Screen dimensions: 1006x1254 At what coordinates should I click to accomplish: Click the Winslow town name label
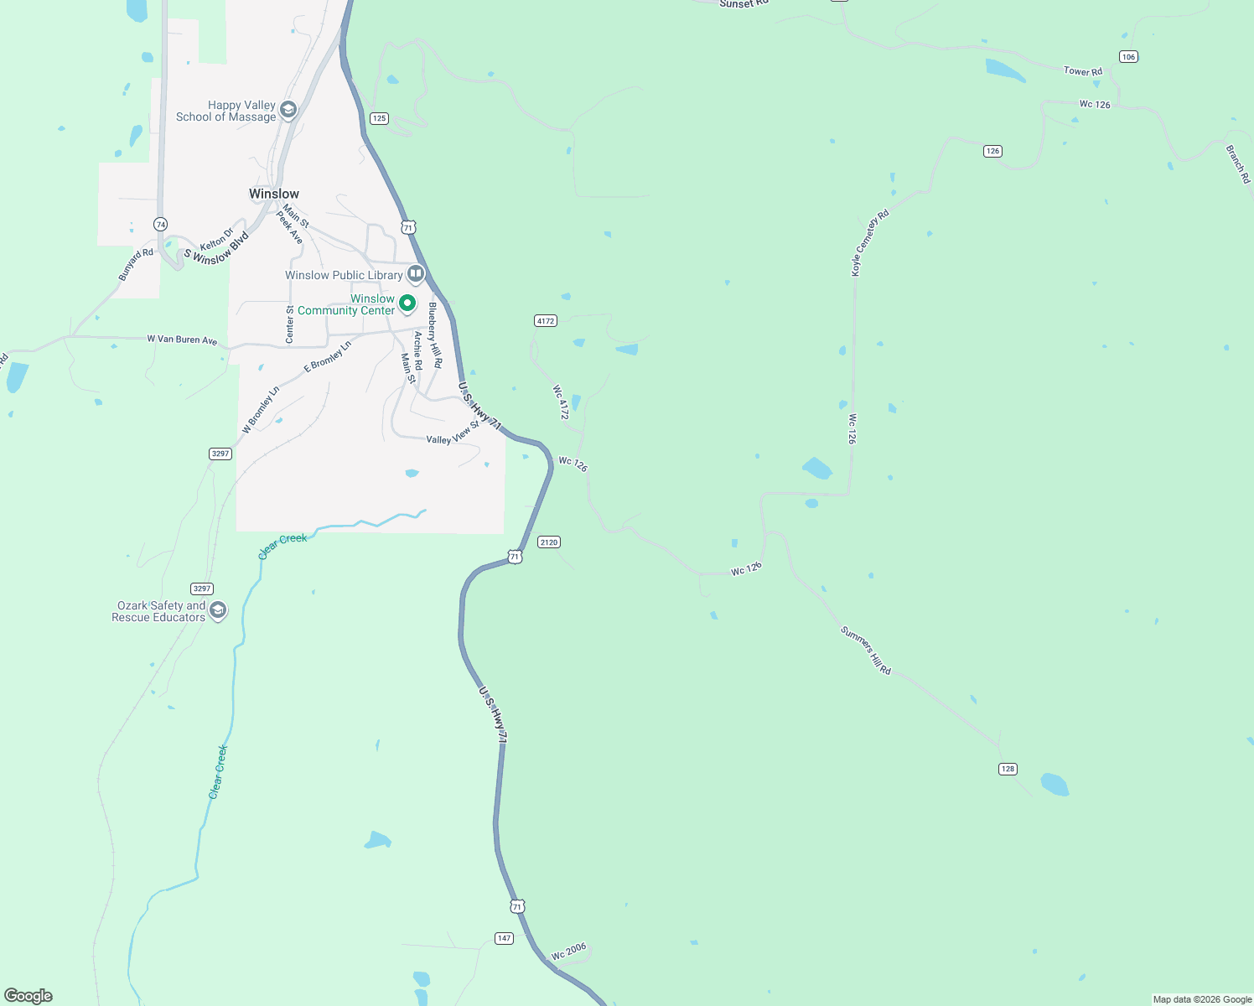tap(274, 194)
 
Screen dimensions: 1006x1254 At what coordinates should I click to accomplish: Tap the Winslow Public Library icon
tap(416, 274)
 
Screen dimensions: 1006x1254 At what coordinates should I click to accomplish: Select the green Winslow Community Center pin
tap(407, 303)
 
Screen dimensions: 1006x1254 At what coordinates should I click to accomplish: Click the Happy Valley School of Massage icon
tap(288, 110)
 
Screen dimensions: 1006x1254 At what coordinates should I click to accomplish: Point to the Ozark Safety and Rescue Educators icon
tap(218, 610)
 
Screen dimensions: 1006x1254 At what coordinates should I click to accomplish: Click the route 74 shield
tap(160, 224)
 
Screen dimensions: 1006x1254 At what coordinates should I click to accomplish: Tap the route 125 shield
tap(380, 118)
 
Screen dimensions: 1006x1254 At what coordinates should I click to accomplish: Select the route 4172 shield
tap(546, 320)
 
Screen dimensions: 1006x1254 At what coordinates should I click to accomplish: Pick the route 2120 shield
tap(549, 542)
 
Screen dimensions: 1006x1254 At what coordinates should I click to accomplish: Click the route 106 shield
tap(1128, 57)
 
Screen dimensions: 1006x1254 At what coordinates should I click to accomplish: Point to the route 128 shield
tap(1008, 769)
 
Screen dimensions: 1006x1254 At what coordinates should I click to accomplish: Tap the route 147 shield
tap(504, 938)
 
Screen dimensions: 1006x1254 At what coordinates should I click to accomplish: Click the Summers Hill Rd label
tap(866, 651)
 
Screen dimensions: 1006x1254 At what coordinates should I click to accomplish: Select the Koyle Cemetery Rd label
tap(870, 243)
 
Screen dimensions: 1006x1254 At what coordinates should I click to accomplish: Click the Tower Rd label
tap(1083, 71)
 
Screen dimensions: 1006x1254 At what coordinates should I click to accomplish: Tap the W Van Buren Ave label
tap(182, 340)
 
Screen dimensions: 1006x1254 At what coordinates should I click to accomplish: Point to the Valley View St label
tap(453, 434)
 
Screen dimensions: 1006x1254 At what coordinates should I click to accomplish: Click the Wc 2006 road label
tap(569, 952)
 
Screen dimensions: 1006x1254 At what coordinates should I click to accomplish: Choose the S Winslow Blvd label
tap(216, 248)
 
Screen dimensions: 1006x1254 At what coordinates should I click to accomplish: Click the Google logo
tap(28, 995)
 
